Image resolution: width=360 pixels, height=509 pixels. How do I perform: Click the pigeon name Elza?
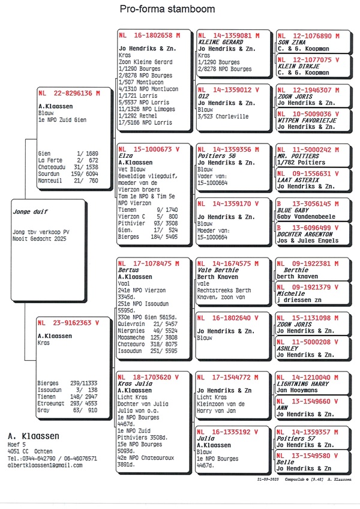coord(125,155)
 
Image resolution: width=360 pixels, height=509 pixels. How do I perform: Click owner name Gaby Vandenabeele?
coord(306,217)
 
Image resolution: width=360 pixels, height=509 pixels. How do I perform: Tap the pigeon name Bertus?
coord(129,270)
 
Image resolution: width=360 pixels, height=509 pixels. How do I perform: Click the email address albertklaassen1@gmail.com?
coord(46,465)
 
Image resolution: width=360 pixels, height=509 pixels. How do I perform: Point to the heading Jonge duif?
coord(30,212)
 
